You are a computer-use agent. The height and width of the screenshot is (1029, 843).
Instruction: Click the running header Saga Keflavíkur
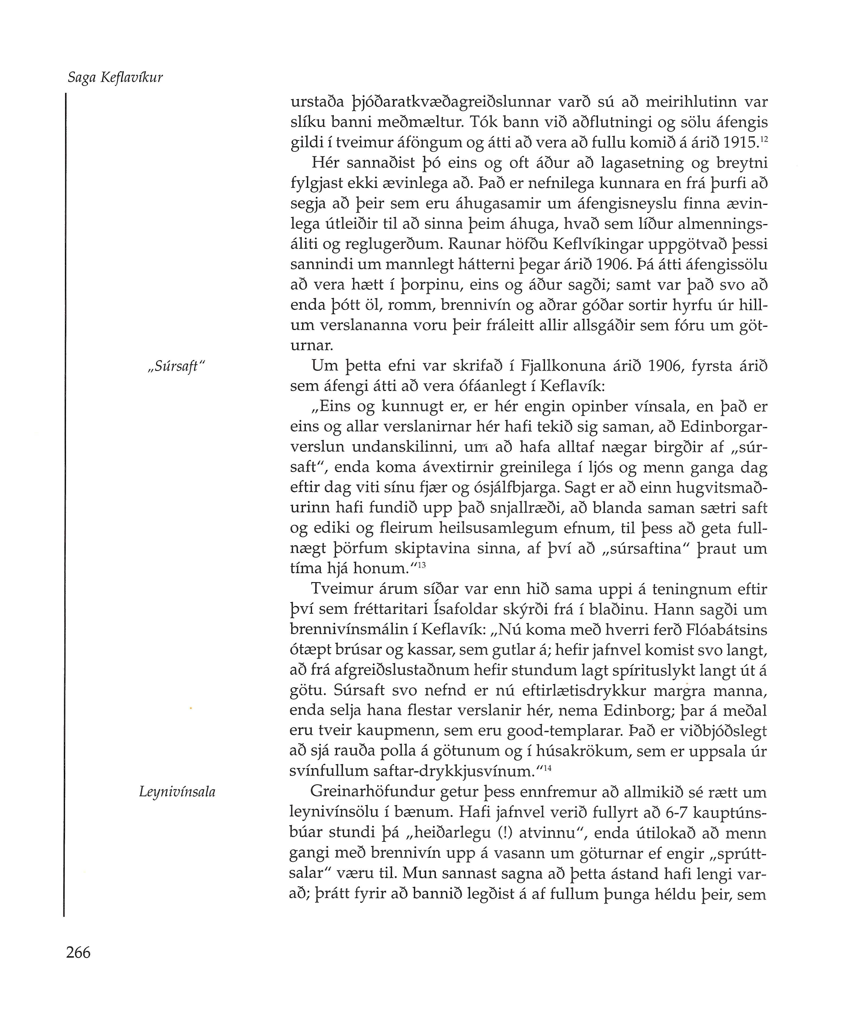pos(115,78)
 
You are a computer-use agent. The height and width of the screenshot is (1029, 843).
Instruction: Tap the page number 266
pos(78,952)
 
